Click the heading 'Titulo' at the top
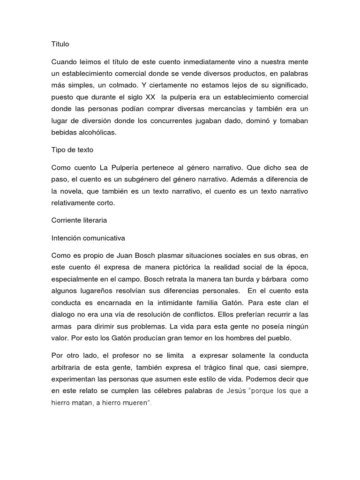pyautogui.click(x=60, y=44)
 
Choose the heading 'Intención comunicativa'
pyautogui.click(x=88, y=238)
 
